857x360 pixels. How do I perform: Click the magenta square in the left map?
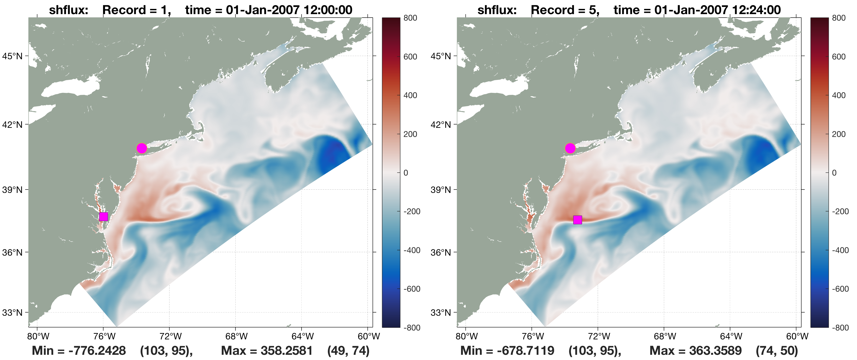[x=103, y=217]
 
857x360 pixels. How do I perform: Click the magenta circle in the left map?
[x=142, y=148]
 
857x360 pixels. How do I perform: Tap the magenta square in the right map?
[x=578, y=220]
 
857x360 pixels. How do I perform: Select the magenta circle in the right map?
[x=570, y=148]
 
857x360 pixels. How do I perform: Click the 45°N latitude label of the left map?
[x=12, y=56]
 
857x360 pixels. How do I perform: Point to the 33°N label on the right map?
[x=441, y=313]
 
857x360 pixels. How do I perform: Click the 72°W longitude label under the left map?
[x=170, y=336]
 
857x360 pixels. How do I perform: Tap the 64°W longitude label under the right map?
[x=731, y=336]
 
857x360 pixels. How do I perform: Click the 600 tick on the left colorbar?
[x=410, y=57]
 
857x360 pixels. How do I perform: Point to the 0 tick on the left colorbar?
[x=406, y=173]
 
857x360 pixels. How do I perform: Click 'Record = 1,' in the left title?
[x=137, y=10]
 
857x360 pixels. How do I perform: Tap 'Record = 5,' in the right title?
[x=565, y=10]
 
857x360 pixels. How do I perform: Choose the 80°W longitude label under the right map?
[x=466, y=336]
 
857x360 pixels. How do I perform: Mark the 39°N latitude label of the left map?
[x=12, y=190]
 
